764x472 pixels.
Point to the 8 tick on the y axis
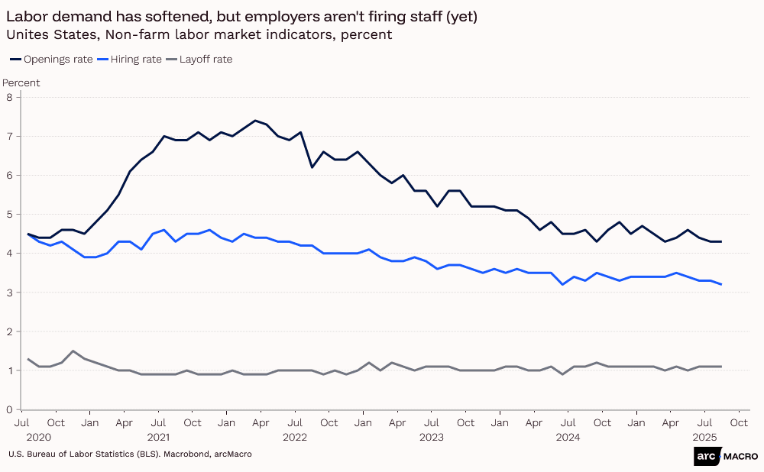[x=10, y=97]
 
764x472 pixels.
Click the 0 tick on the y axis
[x=10, y=409]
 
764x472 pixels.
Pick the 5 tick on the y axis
[x=10, y=214]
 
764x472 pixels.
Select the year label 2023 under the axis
[x=432, y=438]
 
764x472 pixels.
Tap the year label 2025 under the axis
[x=704, y=438]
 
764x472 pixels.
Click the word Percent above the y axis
[x=21, y=82]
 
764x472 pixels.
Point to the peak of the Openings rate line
[x=255, y=121]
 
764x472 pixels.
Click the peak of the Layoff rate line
[x=73, y=351]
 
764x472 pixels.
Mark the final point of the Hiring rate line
[x=720, y=284]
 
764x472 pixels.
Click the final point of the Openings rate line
[x=720, y=241]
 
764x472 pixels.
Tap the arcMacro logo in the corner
[x=726, y=456]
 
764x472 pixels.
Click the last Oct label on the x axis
[x=738, y=422]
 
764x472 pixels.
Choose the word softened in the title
[x=175, y=17]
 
